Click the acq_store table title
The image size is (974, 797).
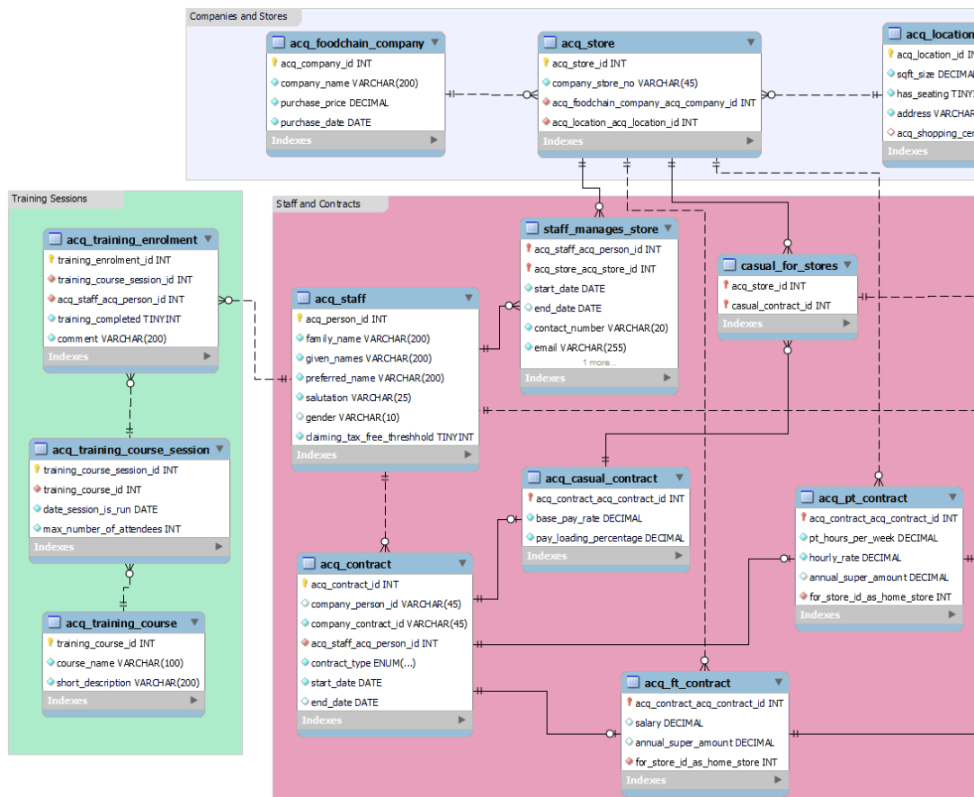coord(588,43)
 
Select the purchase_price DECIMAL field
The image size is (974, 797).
coord(334,103)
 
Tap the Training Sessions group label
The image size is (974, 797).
coord(49,199)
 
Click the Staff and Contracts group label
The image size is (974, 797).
coord(317,204)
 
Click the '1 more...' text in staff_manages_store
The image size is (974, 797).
coord(599,363)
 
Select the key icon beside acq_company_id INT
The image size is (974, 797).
coord(274,64)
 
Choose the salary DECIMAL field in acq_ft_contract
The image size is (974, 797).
coord(669,723)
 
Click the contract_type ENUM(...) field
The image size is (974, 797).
coord(363,663)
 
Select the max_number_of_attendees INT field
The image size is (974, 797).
coord(112,529)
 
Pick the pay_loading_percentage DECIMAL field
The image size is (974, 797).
coord(610,538)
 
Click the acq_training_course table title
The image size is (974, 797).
coord(121,623)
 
